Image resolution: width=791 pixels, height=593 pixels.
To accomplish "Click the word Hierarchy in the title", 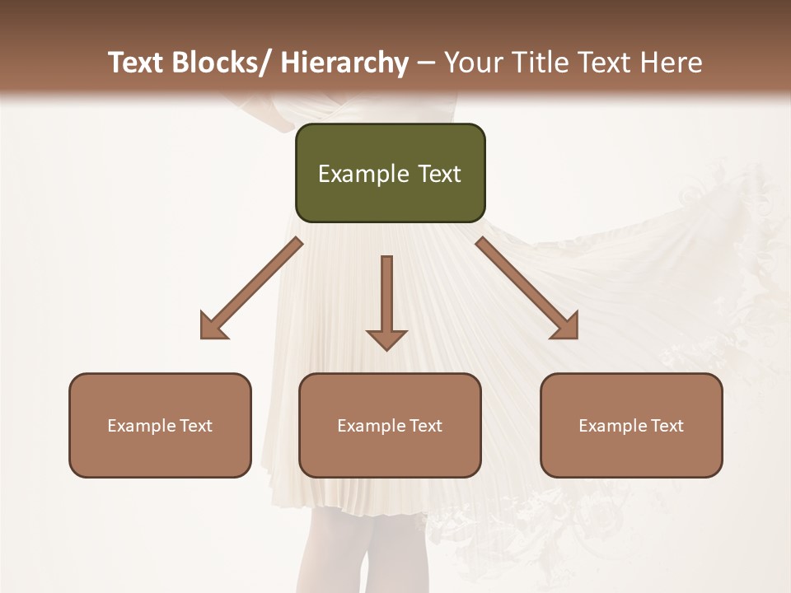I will point(344,63).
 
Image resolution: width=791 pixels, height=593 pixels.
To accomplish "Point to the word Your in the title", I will point(473,63).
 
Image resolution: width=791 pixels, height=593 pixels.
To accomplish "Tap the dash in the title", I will point(426,63).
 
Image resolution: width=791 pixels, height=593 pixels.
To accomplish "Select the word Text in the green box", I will point(438,175).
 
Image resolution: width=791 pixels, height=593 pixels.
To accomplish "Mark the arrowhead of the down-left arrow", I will point(213,326).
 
